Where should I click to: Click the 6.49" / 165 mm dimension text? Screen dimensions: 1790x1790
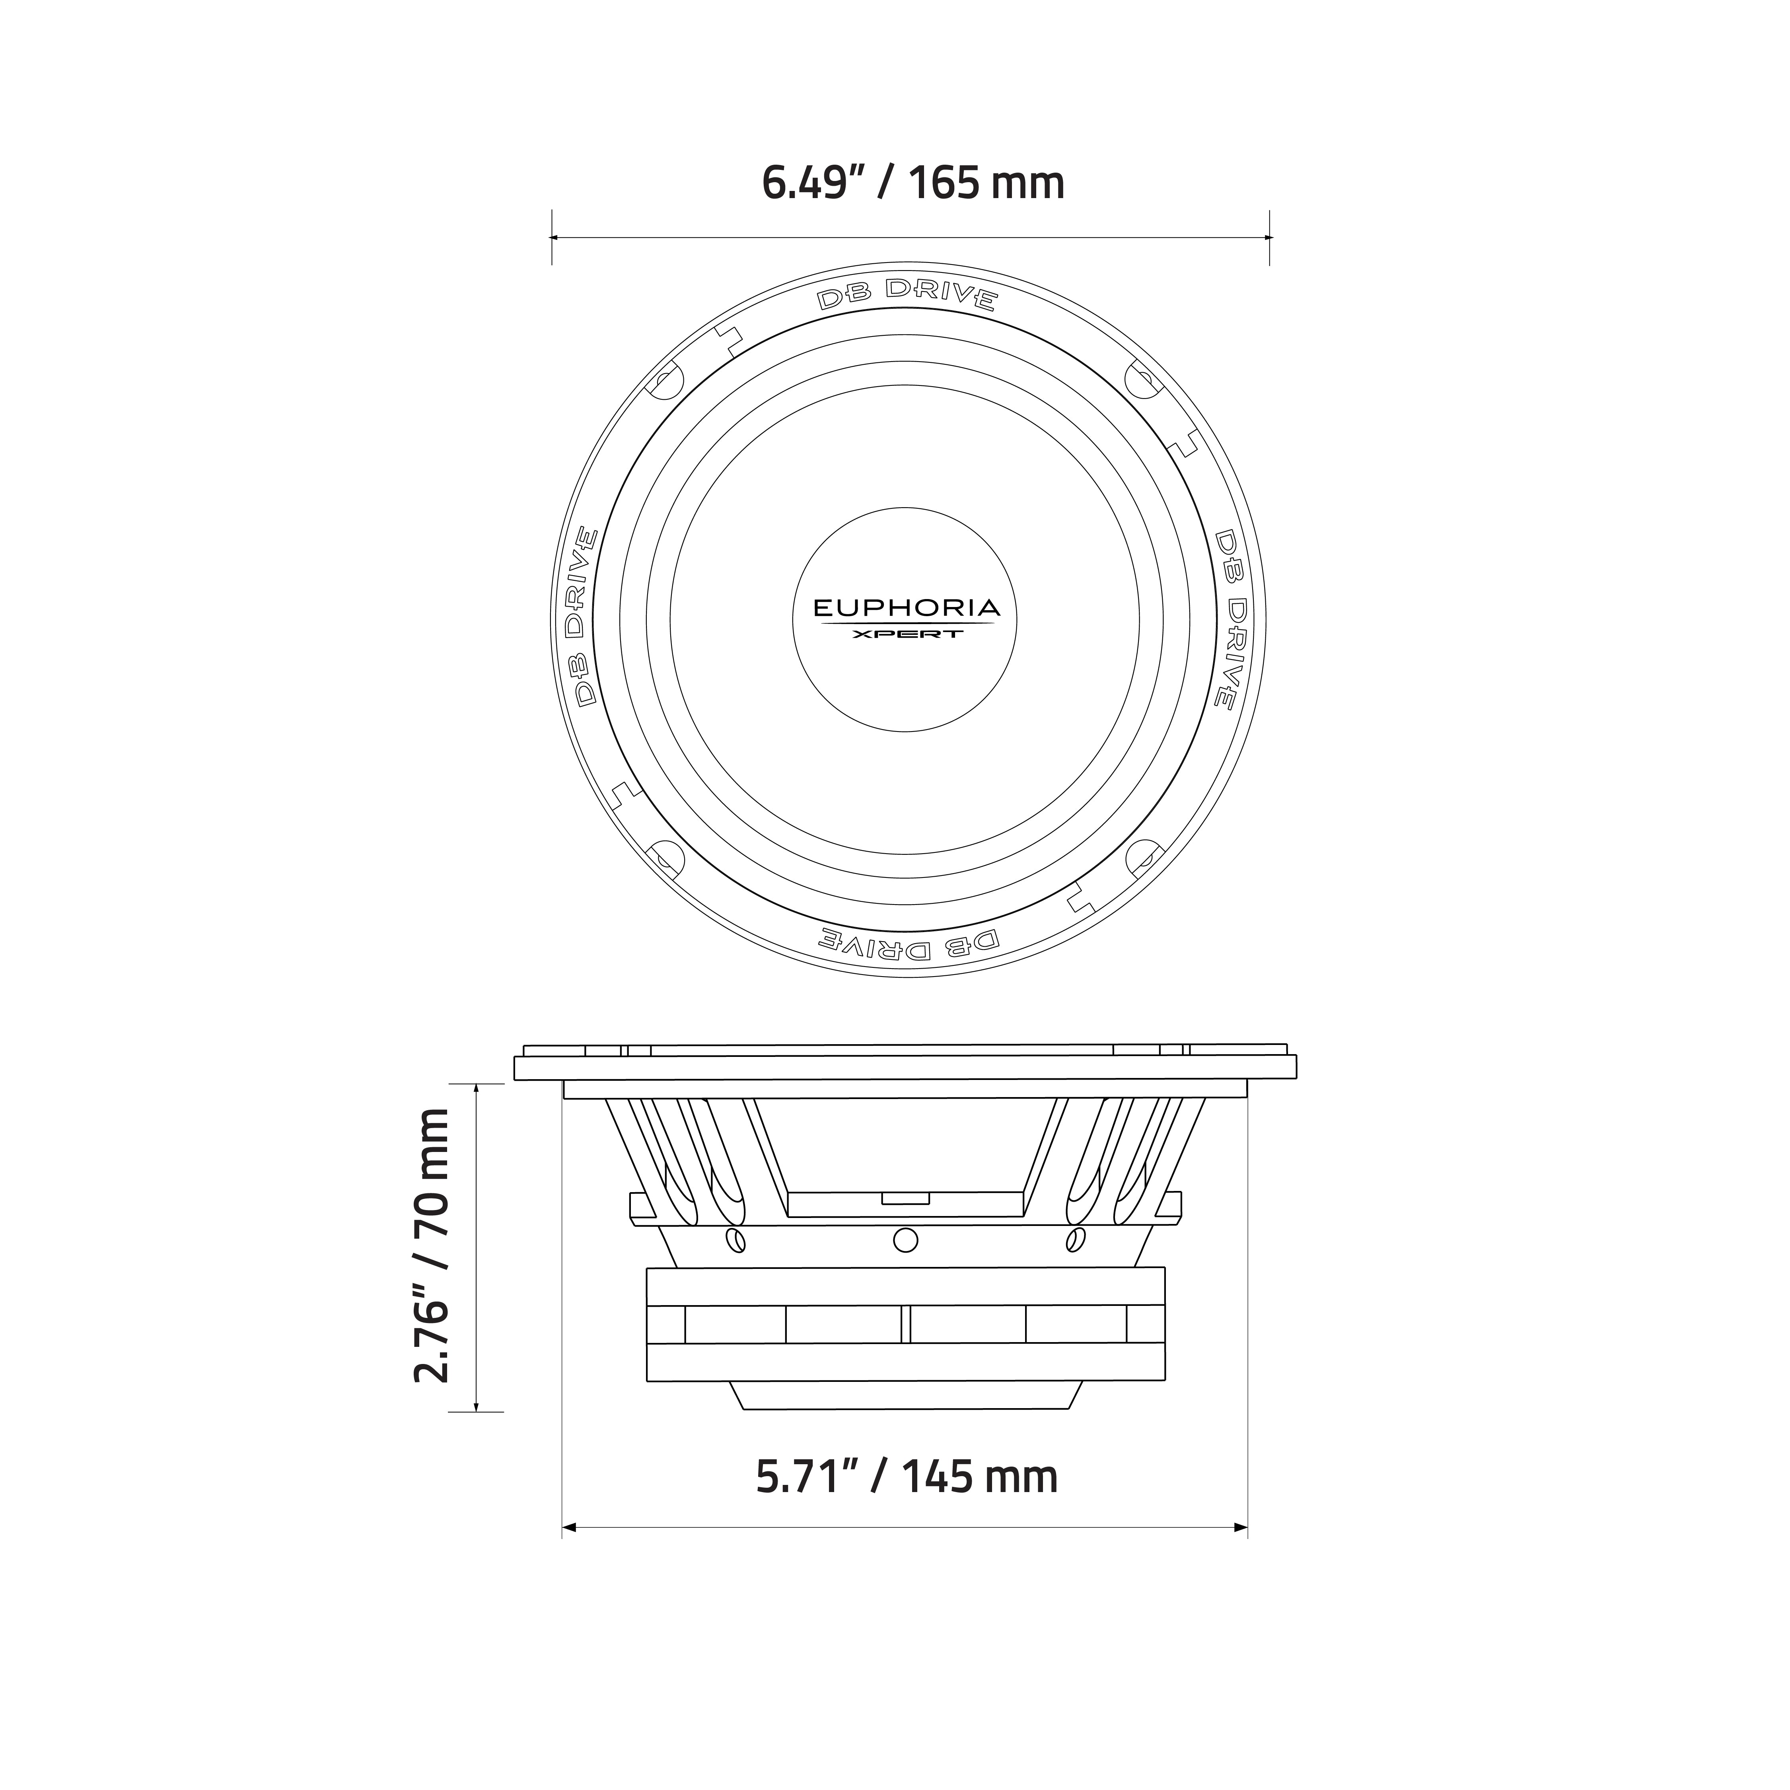pyautogui.click(x=913, y=183)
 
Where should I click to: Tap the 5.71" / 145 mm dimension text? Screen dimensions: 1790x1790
pyautogui.click(x=906, y=1477)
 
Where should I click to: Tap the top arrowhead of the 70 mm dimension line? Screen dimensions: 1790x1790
pyautogui.click(x=476, y=1090)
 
